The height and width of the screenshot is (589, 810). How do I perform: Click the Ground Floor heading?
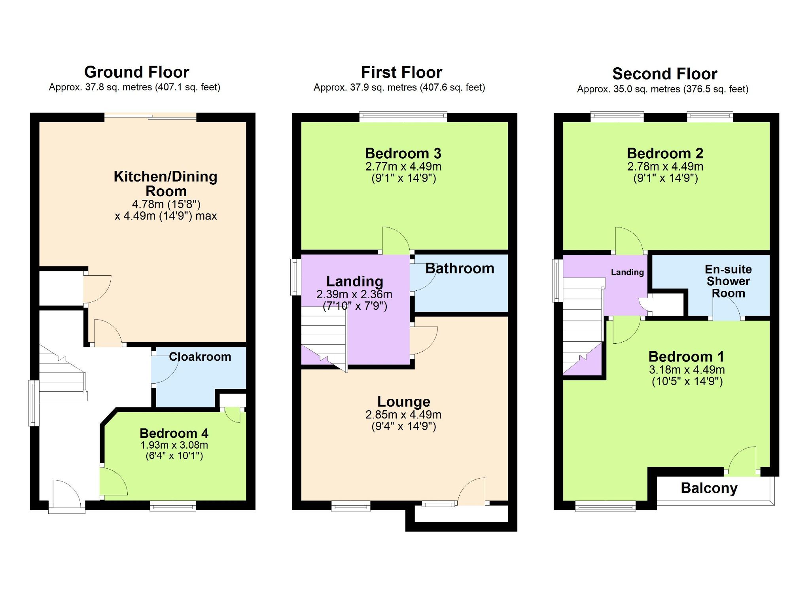point(136,72)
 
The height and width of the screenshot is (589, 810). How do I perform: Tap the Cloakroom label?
point(200,357)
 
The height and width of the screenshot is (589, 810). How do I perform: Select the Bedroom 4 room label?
point(174,433)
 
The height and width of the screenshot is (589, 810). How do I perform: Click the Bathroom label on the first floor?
point(460,269)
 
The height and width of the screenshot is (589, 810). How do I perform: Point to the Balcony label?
point(709,488)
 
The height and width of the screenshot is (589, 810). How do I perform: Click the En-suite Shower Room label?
point(728,281)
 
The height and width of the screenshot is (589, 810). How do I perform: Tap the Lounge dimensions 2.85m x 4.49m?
point(403,415)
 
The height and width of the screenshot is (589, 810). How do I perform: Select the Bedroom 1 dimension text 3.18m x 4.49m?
point(687,370)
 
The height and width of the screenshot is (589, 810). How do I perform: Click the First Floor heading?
point(401,72)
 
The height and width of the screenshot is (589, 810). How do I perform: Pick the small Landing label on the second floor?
point(627,272)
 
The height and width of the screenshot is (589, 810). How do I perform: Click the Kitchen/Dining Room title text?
point(165,184)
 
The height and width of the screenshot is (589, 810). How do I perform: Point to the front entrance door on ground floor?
point(66,494)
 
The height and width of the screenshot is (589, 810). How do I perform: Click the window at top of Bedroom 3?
point(403,116)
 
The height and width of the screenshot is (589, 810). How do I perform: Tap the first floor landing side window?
point(295,277)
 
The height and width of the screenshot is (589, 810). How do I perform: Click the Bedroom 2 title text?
point(665,153)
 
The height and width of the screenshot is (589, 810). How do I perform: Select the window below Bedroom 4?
point(172,506)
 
